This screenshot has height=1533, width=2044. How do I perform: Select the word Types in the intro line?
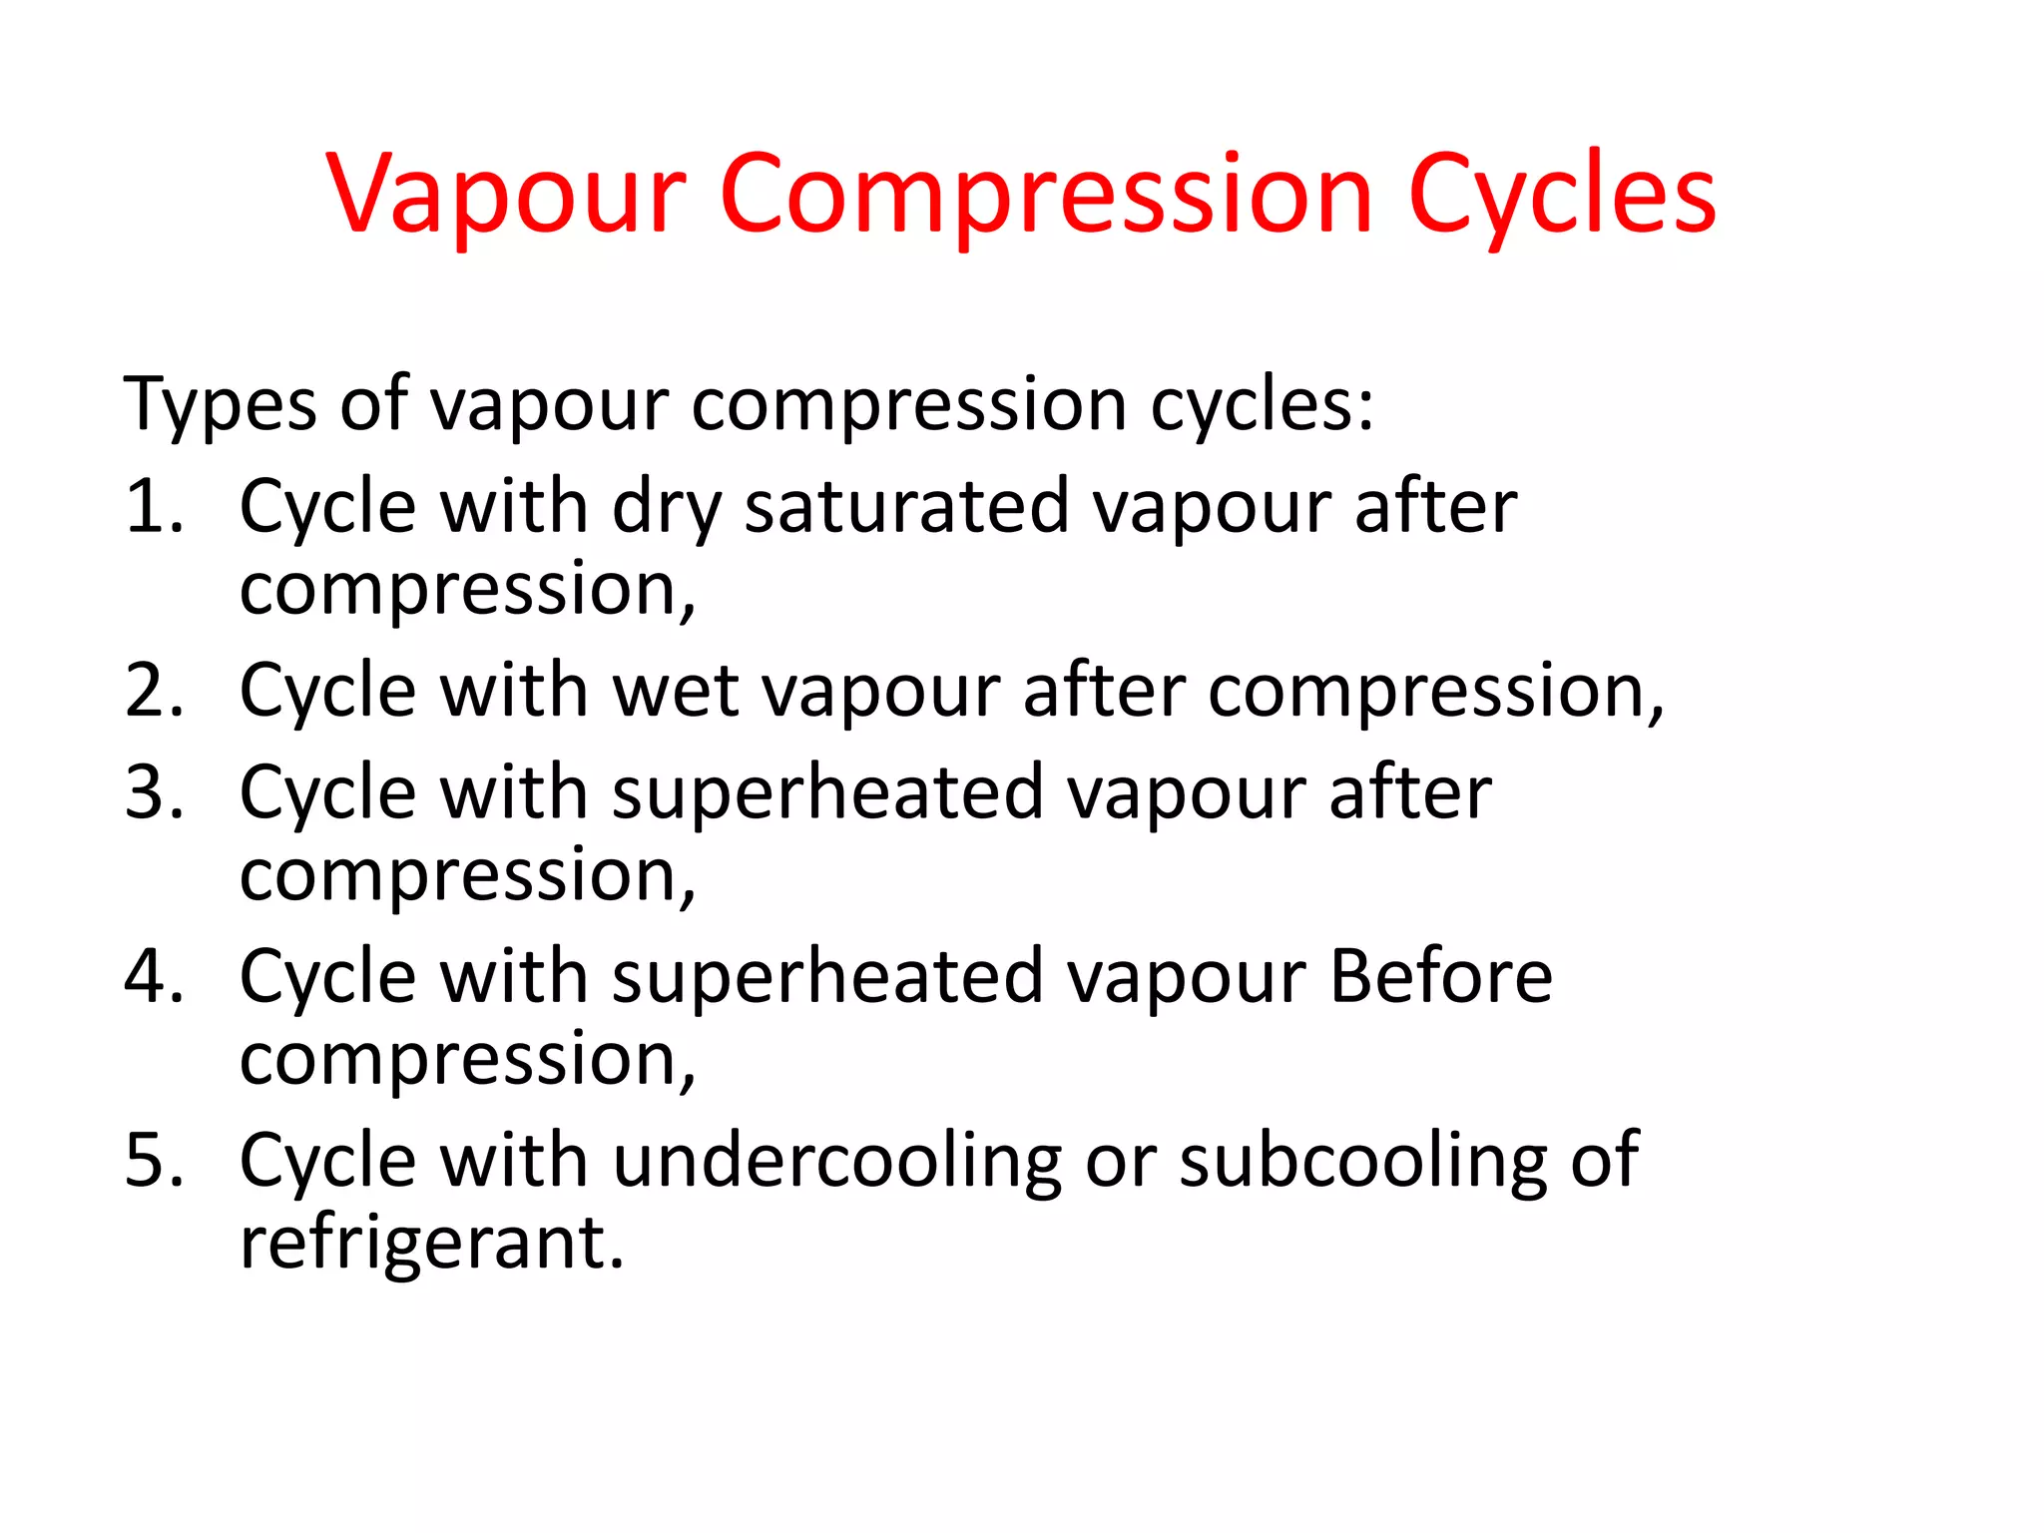click(220, 405)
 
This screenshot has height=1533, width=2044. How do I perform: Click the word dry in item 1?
click(666, 509)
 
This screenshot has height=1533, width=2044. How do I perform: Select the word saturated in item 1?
click(907, 507)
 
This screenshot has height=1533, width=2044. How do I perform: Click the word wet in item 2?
click(676, 691)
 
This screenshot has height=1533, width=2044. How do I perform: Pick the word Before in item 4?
click(1441, 977)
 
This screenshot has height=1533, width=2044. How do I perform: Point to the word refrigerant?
click(432, 1245)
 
